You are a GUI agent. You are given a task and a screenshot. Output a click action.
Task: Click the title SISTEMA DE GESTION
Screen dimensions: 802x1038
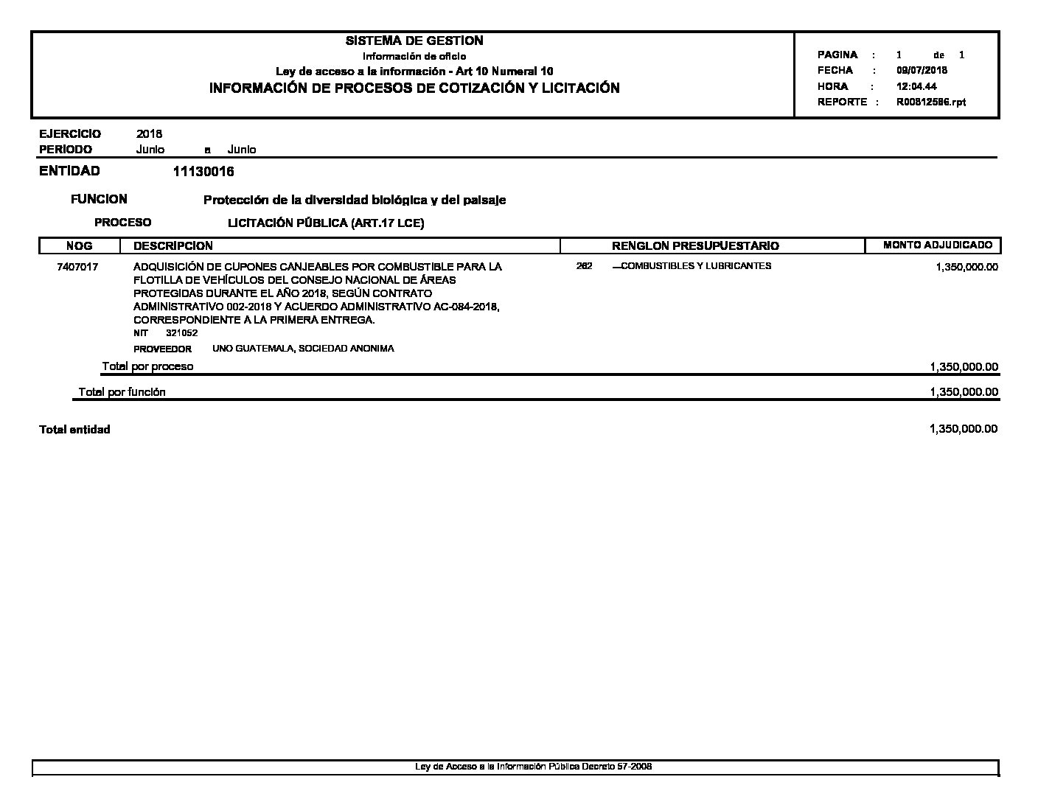[x=414, y=41]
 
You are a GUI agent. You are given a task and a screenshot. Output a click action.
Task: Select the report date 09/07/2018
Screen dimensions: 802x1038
[x=922, y=71]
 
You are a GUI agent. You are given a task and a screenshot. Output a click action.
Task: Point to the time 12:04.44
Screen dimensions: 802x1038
[x=916, y=86]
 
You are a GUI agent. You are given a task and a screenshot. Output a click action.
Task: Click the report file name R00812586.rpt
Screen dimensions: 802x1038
[x=930, y=102]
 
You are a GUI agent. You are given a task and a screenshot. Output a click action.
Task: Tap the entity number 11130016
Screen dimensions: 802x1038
[x=203, y=172]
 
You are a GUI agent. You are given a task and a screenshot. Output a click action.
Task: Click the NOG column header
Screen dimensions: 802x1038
[x=79, y=246]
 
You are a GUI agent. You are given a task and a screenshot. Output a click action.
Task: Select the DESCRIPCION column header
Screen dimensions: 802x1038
[x=173, y=246]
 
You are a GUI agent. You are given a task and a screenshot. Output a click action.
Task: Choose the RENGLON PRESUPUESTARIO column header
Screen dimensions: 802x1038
[x=695, y=246]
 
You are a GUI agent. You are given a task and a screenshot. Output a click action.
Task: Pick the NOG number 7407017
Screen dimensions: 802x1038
[x=77, y=267]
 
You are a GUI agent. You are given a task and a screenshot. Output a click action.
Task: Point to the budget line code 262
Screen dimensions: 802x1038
[x=584, y=266]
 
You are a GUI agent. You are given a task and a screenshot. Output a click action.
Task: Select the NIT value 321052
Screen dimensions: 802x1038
[x=181, y=333]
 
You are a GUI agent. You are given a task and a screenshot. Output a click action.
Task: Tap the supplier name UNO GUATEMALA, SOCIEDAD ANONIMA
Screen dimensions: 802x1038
[x=303, y=349]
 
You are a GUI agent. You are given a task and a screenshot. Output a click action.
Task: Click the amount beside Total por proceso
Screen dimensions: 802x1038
[x=964, y=367]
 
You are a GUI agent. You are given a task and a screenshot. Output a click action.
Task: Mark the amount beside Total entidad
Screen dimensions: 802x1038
[x=964, y=429]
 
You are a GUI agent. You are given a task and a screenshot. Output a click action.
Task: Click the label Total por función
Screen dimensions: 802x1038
[x=122, y=392]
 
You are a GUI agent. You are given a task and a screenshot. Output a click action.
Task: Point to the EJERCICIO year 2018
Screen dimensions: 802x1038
[x=149, y=134]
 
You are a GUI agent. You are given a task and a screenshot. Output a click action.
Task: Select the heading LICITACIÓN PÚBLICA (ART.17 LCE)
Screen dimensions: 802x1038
[x=326, y=223]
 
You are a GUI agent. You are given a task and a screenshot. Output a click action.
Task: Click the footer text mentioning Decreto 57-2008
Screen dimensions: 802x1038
[x=533, y=767]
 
